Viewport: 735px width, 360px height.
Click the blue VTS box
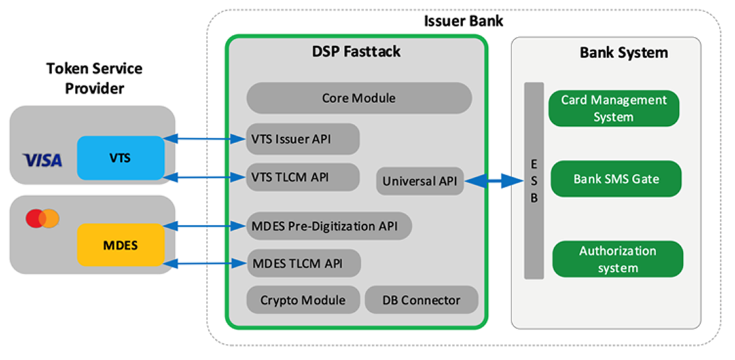point(120,157)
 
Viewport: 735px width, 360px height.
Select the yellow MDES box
point(120,246)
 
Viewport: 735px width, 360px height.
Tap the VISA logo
point(42,160)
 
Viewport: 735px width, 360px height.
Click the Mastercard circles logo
point(42,218)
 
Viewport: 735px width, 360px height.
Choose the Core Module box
point(359,98)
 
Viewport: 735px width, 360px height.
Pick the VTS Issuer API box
point(303,139)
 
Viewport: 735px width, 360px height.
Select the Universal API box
point(420,181)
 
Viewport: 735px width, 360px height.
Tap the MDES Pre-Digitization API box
point(329,226)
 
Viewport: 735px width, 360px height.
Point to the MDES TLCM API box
point(304,263)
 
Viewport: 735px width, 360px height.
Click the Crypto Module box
point(303,300)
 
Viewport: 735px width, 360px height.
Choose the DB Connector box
point(422,300)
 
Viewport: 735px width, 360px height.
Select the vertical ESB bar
point(534,180)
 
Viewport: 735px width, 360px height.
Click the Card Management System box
point(614,108)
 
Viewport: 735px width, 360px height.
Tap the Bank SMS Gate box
point(617,179)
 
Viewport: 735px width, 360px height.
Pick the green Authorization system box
point(618,260)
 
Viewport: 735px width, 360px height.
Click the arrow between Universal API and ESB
point(494,180)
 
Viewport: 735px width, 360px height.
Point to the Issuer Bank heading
point(463,21)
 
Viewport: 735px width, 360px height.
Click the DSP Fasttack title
point(357,52)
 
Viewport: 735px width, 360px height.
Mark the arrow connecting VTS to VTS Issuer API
point(205,139)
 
